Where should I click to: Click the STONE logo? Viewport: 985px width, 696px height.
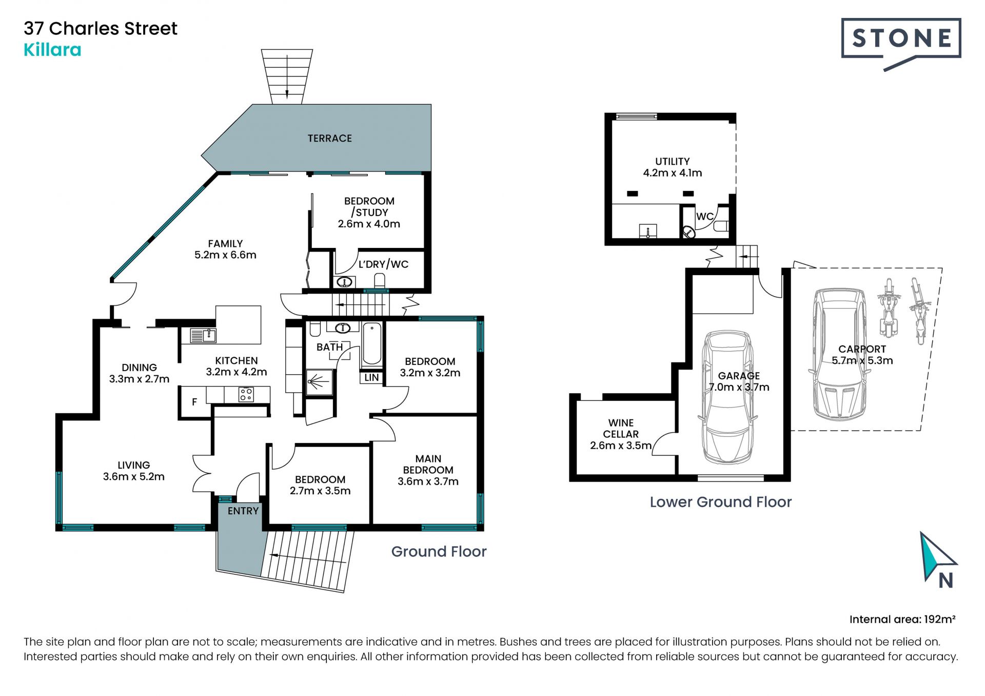tap(901, 44)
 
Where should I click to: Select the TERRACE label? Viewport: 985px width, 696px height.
tap(330, 139)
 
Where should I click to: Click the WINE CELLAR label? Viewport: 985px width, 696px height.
tap(621, 429)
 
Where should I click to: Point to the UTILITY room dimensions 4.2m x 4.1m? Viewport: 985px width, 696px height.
tap(673, 173)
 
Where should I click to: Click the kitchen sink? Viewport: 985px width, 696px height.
tap(203, 336)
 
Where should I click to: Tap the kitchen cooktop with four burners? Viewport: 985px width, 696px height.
tap(246, 394)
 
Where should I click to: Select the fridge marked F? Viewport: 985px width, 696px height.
tap(194, 402)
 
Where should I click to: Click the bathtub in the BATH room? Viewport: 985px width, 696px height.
tap(372, 343)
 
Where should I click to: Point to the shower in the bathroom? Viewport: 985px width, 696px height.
tap(319, 382)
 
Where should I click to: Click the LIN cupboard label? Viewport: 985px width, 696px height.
tap(371, 378)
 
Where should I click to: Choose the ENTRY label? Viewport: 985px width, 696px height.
tap(243, 511)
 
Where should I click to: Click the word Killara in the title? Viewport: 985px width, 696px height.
tap(52, 50)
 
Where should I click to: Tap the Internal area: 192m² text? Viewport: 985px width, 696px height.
tap(902, 620)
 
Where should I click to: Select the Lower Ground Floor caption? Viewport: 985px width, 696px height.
tap(721, 502)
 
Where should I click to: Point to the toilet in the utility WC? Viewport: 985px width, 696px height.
tap(721, 226)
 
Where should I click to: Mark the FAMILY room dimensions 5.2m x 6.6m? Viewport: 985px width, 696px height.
tap(225, 255)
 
